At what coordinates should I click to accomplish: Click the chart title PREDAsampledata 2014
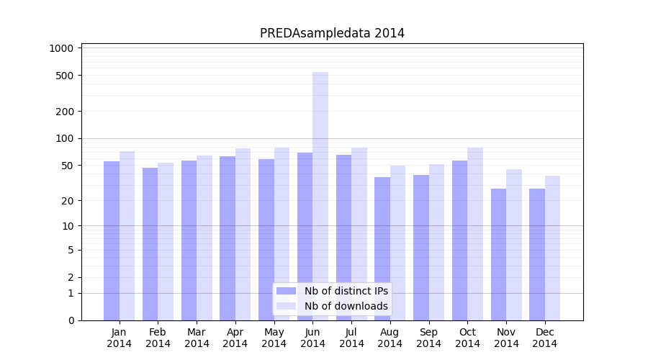[x=332, y=33]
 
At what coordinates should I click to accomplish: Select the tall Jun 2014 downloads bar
[x=320, y=194]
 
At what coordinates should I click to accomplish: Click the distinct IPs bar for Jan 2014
[x=112, y=240]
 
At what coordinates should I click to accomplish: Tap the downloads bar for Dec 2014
[x=552, y=248]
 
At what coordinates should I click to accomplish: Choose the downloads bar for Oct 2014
[x=474, y=233]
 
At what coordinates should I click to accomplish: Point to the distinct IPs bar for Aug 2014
[x=382, y=248]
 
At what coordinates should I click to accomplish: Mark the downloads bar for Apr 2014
[x=243, y=234]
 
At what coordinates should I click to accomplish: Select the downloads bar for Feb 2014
[x=166, y=241]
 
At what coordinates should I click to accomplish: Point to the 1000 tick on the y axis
[x=61, y=48]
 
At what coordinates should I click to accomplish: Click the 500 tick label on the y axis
[x=65, y=76]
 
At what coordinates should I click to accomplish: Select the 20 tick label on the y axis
[x=67, y=201]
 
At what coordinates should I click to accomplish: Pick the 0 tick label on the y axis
[x=71, y=320]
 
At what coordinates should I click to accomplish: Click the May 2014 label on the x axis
[x=274, y=338]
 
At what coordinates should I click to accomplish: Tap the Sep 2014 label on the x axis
[x=428, y=338]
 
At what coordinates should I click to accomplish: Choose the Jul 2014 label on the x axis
[x=351, y=338]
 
